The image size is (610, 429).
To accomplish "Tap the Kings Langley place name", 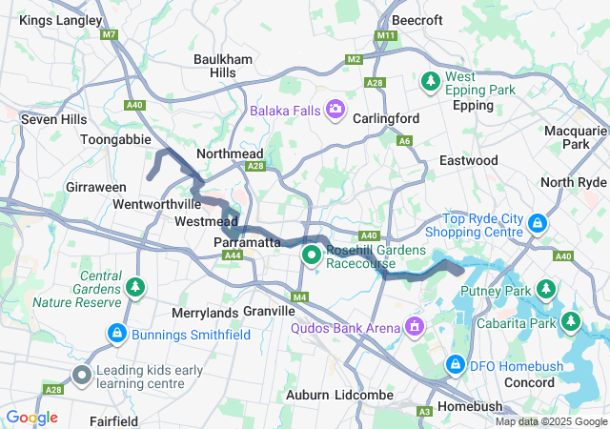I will (61, 20).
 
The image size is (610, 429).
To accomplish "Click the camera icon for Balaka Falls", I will (335, 111).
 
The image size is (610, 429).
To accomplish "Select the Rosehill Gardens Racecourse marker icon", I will (312, 255).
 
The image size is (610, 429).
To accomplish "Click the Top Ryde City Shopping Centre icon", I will (539, 223).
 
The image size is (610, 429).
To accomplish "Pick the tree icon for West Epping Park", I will (431, 81).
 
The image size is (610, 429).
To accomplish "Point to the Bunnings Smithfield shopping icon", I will (116, 334).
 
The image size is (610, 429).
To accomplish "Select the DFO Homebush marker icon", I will (456, 364).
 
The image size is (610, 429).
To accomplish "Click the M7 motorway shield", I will (111, 35).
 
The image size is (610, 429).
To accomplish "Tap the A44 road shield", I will (232, 255).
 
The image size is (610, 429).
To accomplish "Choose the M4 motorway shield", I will (300, 298).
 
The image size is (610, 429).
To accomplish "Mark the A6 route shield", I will (404, 141).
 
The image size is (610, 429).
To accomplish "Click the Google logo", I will (32, 418).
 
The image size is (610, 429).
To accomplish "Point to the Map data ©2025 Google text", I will (551, 422).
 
